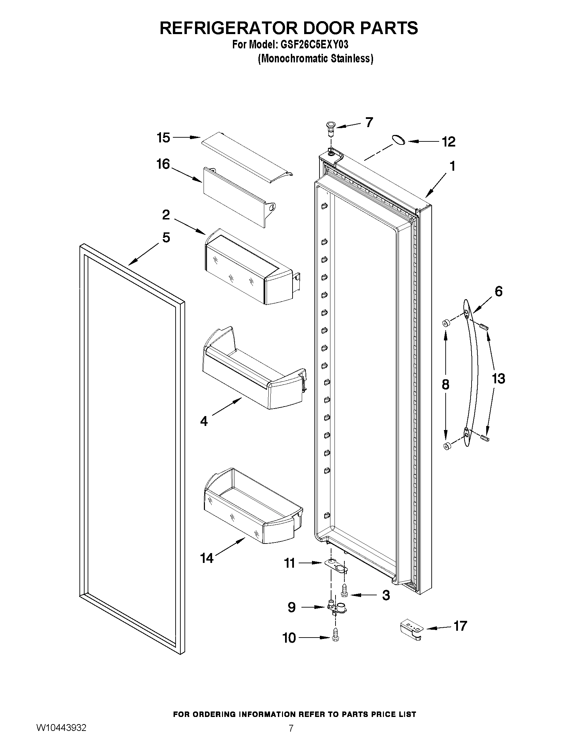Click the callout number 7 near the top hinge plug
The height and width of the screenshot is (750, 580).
coord(369,122)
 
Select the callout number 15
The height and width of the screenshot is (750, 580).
coord(164,138)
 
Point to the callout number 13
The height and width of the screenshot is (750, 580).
coord(498,379)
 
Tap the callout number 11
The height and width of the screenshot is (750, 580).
coord(289,563)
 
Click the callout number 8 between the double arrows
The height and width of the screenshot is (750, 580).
coord(445,385)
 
